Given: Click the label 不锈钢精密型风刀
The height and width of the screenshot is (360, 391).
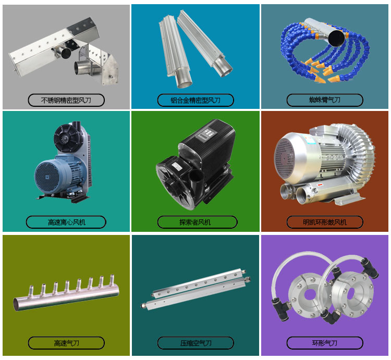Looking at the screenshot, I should tap(66, 100).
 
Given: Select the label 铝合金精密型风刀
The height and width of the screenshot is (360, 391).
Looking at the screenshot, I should tap(195, 100).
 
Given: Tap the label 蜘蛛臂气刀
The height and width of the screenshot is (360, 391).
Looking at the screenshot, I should tap(324, 100).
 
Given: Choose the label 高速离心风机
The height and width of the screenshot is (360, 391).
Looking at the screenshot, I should tap(66, 222).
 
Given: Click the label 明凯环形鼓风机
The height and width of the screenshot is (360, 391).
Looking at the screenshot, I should tap(324, 222).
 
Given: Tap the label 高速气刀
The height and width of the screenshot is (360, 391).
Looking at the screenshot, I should tap(66, 343).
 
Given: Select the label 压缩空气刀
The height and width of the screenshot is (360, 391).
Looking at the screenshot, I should tap(195, 343).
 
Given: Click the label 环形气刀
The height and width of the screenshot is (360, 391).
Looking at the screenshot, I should tap(324, 343).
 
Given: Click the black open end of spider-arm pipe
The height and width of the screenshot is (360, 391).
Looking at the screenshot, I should tap(337, 37).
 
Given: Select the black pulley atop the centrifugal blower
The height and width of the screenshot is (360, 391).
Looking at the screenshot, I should tap(66, 137).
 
